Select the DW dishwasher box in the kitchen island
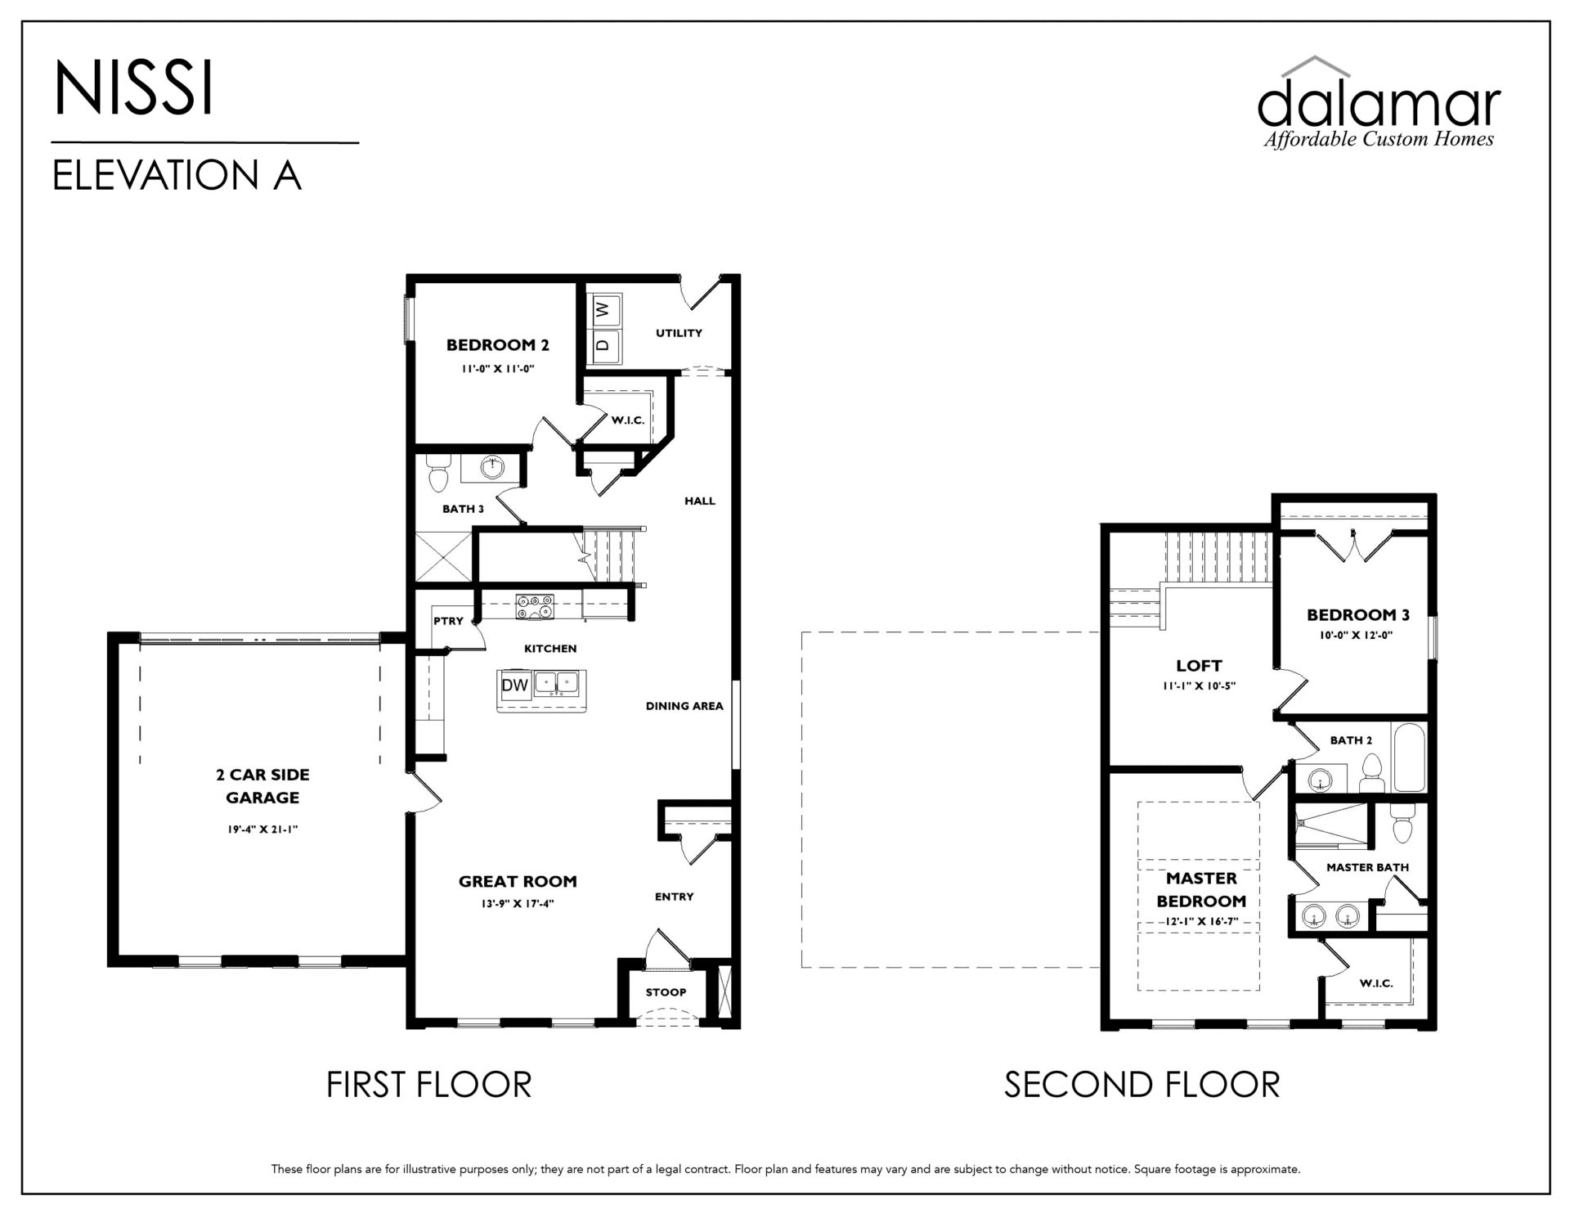click(515, 685)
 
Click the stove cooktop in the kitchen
click(535, 607)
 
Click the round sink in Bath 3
click(493, 469)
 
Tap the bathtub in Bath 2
click(1410, 757)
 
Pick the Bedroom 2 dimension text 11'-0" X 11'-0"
click(497, 369)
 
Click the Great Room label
click(518, 881)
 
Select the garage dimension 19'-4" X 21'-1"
click(262, 830)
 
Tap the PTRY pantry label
click(448, 621)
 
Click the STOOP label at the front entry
click(666, 992)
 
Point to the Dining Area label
click(684, 706)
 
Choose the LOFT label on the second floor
click(1199, 666)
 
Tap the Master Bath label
click(1367, 867)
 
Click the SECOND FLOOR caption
click(1142, 1085)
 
